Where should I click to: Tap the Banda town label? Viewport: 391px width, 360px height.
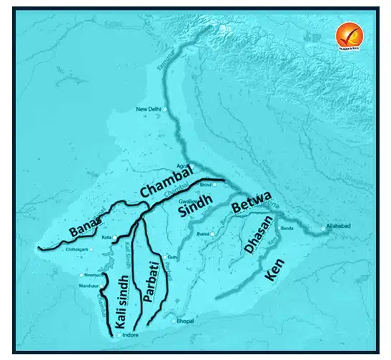coord(287,228)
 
